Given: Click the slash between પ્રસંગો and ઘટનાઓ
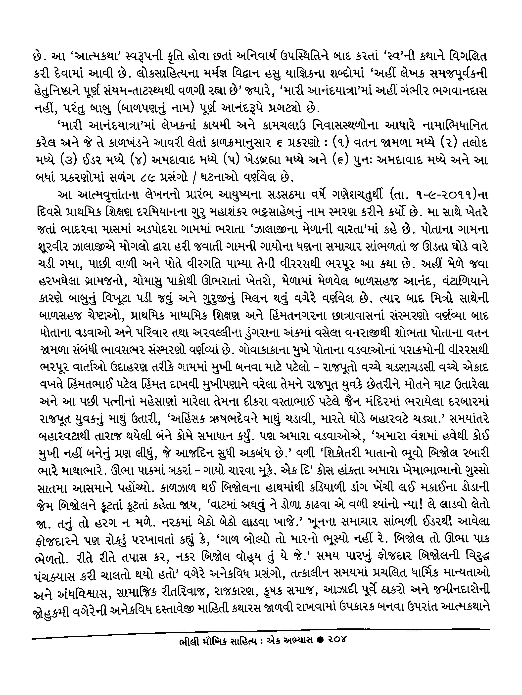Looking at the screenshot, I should tap(195, 178).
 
